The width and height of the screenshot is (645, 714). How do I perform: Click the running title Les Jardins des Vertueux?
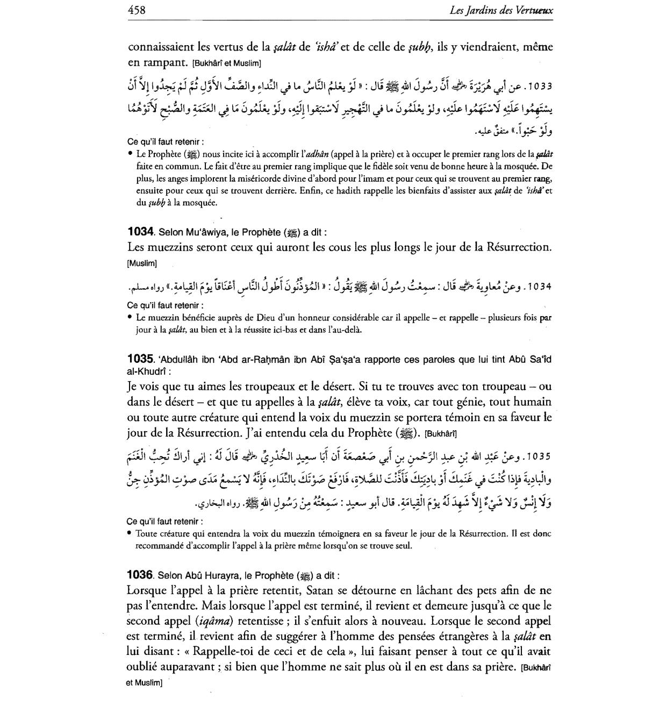click(503, 10)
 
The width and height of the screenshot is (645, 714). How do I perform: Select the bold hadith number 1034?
click(141, 232)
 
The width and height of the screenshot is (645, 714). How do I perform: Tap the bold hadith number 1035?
click(141, 359)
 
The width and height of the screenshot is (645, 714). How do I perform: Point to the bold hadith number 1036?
click(141, 575)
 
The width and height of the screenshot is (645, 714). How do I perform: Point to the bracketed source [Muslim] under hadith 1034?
click(142, 263)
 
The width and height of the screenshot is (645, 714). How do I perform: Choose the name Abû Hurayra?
click(203, 575)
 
